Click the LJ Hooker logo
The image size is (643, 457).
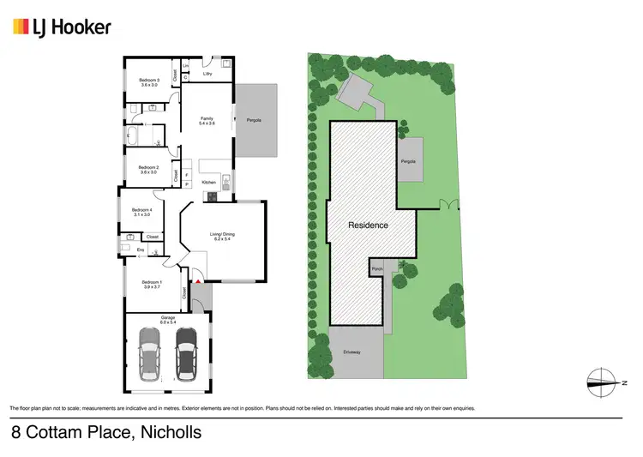pos(62,27)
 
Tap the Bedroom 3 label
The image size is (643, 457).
pos(150,82)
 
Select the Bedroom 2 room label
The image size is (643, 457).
pos(149,169)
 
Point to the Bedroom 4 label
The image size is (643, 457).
pos(141,212)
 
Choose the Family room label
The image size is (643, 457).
pos(207,121)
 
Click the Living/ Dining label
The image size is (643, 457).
pos(225,236)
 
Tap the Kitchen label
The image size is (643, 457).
pos(208,183)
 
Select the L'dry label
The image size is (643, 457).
pos(207,74)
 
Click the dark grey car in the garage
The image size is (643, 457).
pos(186,352)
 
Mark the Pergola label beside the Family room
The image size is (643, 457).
pos(254,119)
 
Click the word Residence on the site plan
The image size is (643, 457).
pos(368,225)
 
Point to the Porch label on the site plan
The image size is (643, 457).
pos(377,270)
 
